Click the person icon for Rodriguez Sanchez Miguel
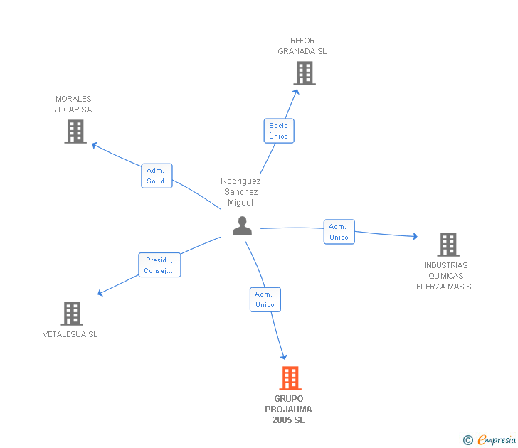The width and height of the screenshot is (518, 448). [x=243, y=226]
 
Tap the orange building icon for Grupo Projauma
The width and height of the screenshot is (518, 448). [x=290, y=378]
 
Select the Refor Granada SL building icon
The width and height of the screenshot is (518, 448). [x=305, y=73]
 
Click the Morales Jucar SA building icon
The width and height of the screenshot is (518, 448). [x=75, y=132]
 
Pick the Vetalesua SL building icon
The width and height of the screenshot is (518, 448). [x=72, y=314]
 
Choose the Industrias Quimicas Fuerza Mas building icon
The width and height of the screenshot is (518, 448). [x=448, y=245]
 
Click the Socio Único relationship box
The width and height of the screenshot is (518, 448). [x=279, y=131]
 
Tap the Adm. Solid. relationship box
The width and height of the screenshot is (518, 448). [x=157, y=176]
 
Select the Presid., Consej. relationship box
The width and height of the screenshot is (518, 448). [x=160, y=265]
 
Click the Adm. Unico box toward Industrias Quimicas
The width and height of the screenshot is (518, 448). [x=339, y=232]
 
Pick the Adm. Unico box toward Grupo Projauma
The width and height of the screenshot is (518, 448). [x=265, y=299]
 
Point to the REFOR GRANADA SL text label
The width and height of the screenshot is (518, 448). [x=302, y=46]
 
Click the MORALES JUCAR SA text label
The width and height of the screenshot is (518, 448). [x=74, y=105]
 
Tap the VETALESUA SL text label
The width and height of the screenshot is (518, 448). [x=70, y=334]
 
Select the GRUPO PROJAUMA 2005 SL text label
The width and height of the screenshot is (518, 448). [x=288, y=410]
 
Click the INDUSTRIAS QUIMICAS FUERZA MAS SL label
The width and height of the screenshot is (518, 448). [x=446, y=276]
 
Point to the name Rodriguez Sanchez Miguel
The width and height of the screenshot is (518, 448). [x=240, y=192]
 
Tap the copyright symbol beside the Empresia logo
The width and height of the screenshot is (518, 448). [x=468, y=441]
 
